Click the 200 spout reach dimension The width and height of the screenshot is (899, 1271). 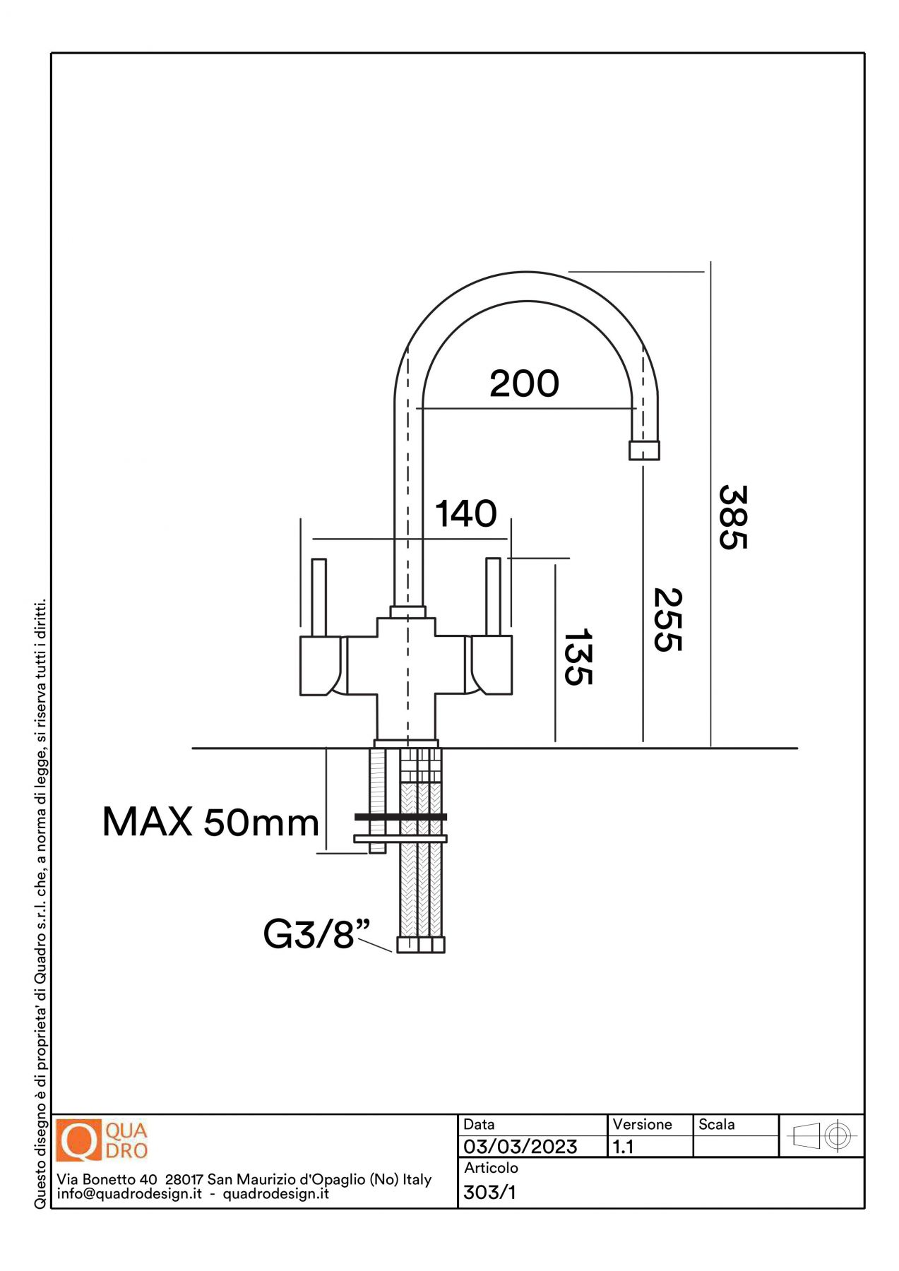[524, 384]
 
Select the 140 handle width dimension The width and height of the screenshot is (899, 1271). [465, 514]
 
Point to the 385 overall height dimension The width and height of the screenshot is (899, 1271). [732, 517]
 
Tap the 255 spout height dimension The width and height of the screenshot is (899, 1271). [667, 619]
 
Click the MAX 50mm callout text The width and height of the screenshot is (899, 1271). [210, 823]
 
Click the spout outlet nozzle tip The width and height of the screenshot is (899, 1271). [644, 450]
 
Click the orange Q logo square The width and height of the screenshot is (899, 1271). [78, 1140]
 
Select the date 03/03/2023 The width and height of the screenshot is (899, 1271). [520, 1147]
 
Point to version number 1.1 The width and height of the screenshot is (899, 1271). [623, 1147]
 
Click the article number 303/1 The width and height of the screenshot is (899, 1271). [489, 1193]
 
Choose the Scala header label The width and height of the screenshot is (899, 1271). [716, 1124]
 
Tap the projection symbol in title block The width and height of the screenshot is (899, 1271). [821, 1136]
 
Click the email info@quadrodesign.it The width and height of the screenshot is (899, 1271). [129, 1194]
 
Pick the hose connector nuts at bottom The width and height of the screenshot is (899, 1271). [421, 944]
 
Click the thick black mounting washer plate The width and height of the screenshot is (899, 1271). [400, 817]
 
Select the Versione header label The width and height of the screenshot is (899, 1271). [642, 1124]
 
